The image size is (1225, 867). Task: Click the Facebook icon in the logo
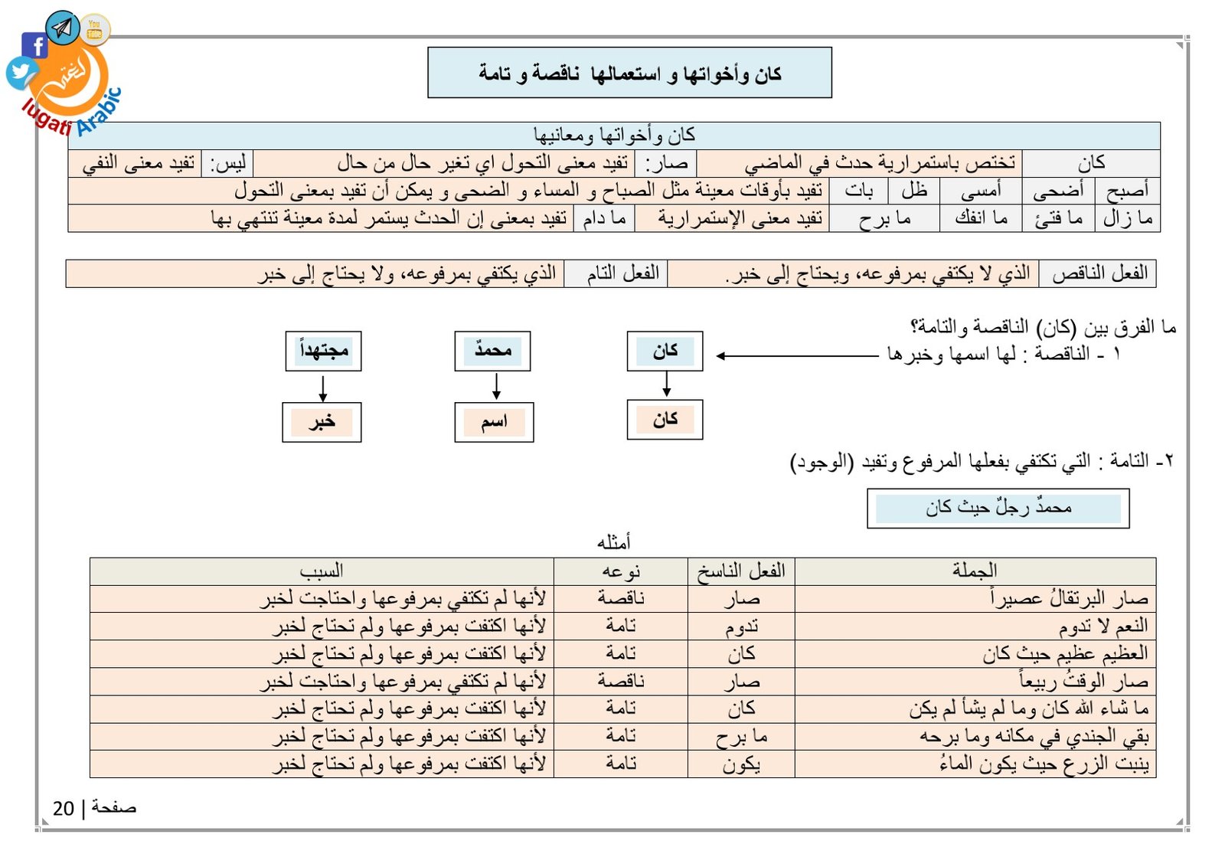click(35, 46)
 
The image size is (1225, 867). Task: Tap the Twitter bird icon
click(21, 74)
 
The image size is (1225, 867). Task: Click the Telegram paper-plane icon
click(63, 28)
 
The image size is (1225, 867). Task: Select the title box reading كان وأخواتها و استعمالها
click(629, 73)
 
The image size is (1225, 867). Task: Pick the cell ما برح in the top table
click(884, 219)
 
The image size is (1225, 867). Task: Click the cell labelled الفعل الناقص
click(1098, 273)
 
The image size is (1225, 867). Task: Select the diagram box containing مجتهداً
click(323, 351)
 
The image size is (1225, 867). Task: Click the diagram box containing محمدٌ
click(492, 351)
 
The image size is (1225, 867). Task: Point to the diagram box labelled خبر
click(322, 422)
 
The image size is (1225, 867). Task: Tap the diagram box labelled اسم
click(494, 422)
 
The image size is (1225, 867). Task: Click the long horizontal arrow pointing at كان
click(796, 355)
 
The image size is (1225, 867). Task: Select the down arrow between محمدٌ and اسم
click(496, 386)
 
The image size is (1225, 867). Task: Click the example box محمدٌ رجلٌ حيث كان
click(998, 508)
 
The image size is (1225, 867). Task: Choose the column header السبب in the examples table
click(322, 571)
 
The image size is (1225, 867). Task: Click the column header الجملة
click(975, 571)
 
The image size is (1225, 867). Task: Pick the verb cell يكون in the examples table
click(741, 764)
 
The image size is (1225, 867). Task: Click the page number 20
click(64, 808)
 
